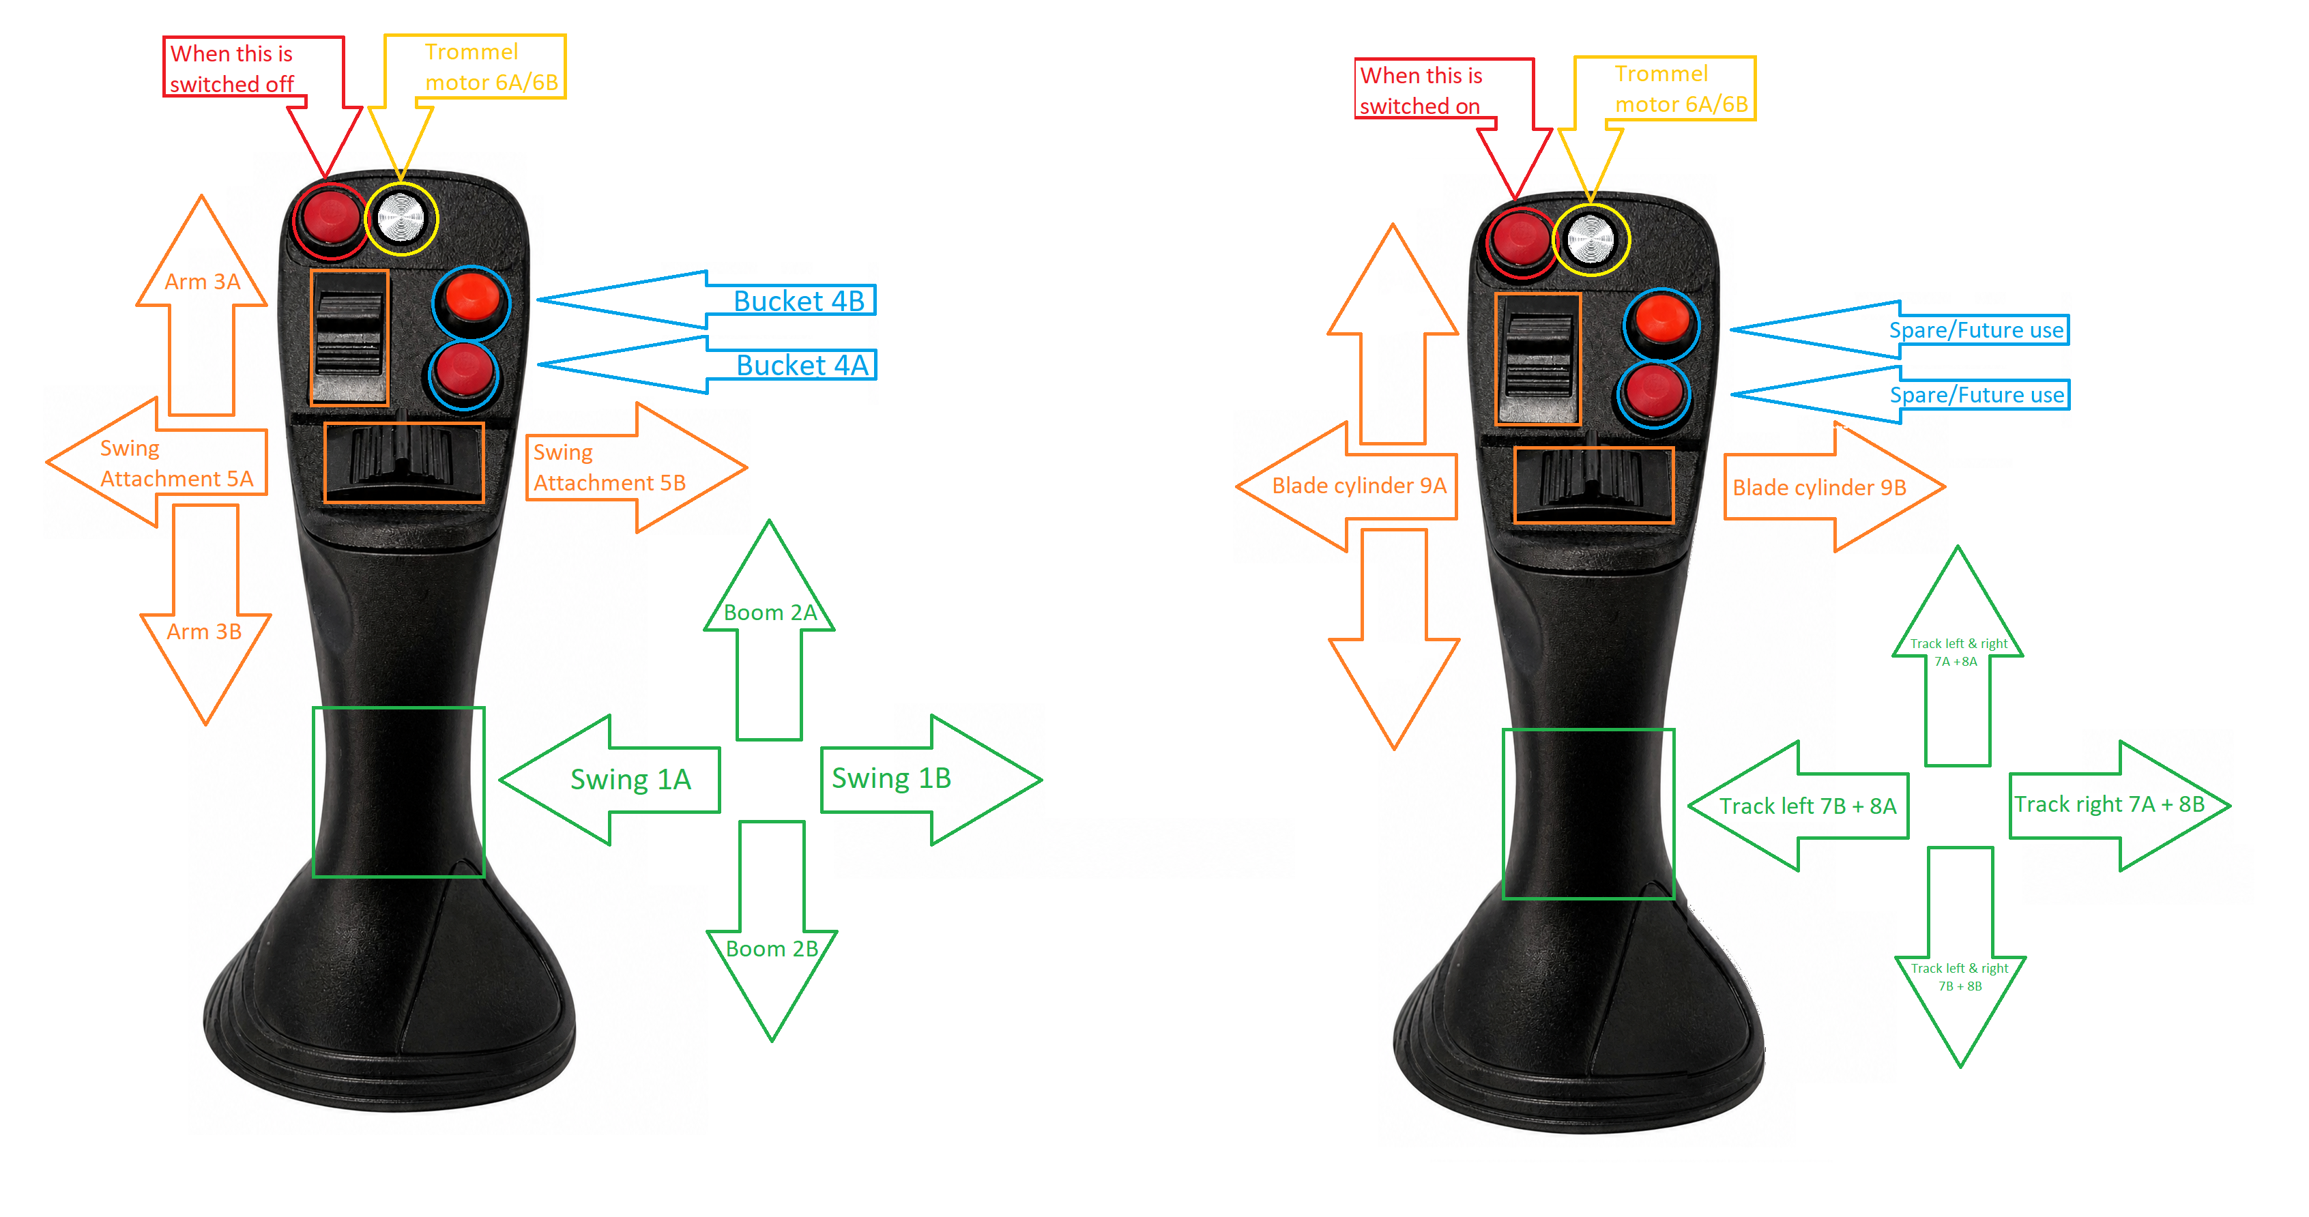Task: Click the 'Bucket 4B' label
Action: [798, 301]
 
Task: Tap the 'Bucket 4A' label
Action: [802, 366]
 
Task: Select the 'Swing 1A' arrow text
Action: [631, 780]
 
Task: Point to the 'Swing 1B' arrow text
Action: [891, 778]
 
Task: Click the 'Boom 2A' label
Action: [770, 613]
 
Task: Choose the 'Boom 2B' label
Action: [772, 949]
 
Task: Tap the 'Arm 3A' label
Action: [203, 282]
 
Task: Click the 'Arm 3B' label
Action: [205, 632]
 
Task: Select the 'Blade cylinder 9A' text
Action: [1359, 486]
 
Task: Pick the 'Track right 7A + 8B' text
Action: [2109, 805]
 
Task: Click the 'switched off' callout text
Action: [232, 84]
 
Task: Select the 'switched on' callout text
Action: [1420, 106]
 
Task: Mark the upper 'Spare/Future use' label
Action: [1977, 331]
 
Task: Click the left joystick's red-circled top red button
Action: [330, 217]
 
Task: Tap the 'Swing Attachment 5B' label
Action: [609, 468]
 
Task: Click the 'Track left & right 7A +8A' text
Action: [1958, 652]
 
